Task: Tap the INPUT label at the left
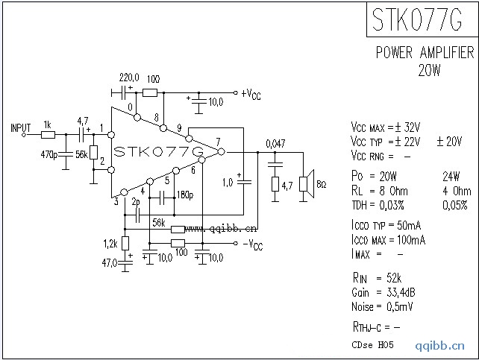coord(21,127)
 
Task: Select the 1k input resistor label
coord(47,125)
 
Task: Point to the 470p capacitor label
coord(49,154)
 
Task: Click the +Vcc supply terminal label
coord(251,94)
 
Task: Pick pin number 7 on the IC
coord(217,142)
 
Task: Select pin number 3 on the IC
coord(116,200)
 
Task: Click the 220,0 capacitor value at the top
coord(129,78)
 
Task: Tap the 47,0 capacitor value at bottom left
coord(111,262)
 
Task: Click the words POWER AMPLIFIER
coord(424,53)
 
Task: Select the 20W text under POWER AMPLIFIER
coord(430,72)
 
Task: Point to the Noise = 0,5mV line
coord(382,306)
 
